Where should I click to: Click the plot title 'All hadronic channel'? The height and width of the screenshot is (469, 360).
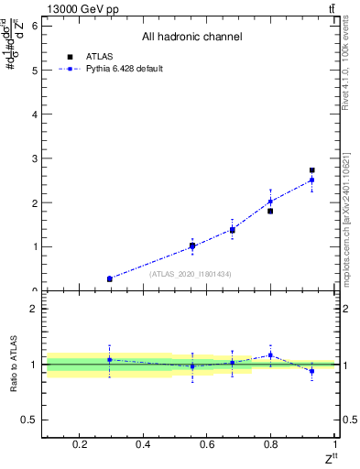point(191,38)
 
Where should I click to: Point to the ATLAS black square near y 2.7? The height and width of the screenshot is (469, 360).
point(311,170)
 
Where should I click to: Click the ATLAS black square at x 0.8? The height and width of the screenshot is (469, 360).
point(270,211)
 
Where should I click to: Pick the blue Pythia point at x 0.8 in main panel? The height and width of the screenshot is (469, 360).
point(270,202)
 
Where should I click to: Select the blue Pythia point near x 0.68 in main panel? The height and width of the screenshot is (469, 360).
point(233,229)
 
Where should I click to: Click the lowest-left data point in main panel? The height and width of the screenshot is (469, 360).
point(110,278)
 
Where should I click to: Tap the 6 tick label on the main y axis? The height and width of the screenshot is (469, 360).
point(34,26)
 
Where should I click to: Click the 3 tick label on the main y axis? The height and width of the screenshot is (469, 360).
point(34,158)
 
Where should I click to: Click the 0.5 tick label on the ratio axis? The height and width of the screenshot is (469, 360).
point(30,420)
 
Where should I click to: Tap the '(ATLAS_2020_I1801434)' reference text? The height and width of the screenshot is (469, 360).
point(190,274)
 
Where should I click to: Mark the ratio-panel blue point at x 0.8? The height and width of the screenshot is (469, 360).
point(270,354)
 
